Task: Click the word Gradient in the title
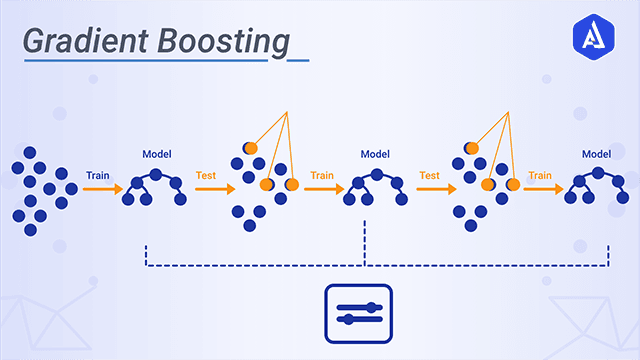pyautogui.click(x=79, y=41)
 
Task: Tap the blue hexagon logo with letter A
pyautogui.click(x=598, y=39)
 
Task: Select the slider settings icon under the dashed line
pyautogui.click(x=359, y=311)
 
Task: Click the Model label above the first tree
pyautogui.click(x=156, y=155)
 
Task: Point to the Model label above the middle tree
pyautogui.click(x=375, y=155)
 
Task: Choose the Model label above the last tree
pyautogui.click(x=597, y=155)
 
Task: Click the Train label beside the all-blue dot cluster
pyautogui.click(x=97, y=175)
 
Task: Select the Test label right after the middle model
pyautogui.click(x=430, y=175)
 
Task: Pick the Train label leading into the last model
pyautogui.click(x=540, y=175)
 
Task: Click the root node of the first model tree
pyautogui.click(x=155, y=173)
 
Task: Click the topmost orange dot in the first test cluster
pyautogui.click(x=250, y=147)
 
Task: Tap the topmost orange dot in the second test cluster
pyautogui.click(x=472, y=147)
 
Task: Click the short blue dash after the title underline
pyautogui.click(x=298, y=59)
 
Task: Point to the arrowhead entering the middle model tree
pyautogui.click(x=340, y=187)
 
